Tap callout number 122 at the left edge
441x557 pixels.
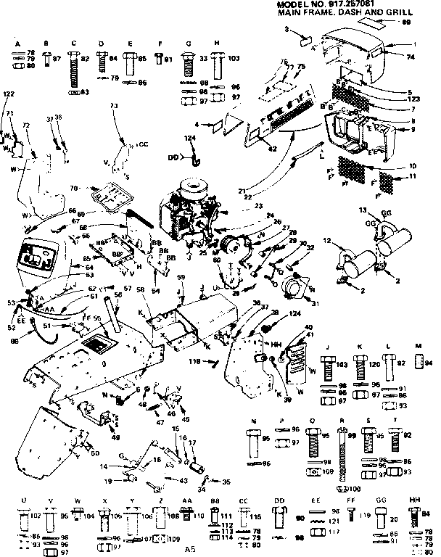pyautogui.click(x=8, y=95)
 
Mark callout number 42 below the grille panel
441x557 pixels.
pyautogui.click(x=272, y=149)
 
